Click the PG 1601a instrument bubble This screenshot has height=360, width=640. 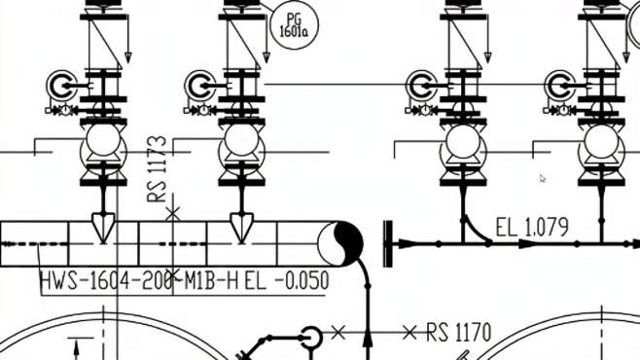click(295, 25)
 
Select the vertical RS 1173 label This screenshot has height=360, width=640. click(158, 169)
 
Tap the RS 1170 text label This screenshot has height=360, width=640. click(459, 332)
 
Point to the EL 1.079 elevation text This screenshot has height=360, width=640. click(532, 227)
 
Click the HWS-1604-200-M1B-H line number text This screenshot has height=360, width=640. click(139, 280)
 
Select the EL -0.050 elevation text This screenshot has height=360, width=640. click(287, 280)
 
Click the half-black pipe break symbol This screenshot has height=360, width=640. click(340, 243)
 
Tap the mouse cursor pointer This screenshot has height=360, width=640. click(543, 178)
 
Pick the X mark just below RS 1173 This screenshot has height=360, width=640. click(173, 213)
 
